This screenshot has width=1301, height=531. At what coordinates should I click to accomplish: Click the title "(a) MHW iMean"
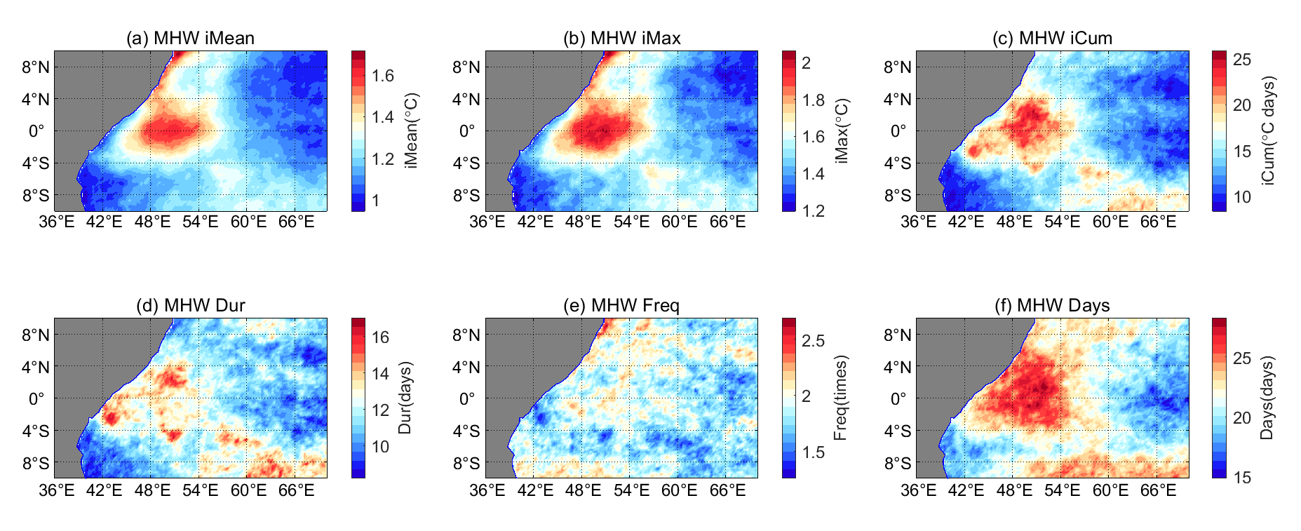point(190,38)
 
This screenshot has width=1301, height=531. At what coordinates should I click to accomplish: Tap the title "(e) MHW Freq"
point(621,305)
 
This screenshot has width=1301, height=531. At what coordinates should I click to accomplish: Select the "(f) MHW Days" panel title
point(1052,305)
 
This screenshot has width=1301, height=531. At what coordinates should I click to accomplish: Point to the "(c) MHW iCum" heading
point(1052,38)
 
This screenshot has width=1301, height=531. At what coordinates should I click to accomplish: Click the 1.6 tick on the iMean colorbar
point(383,76)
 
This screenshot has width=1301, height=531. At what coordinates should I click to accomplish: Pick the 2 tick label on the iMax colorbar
point(807,63)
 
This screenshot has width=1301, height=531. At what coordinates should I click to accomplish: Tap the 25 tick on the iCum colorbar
point(1242,60)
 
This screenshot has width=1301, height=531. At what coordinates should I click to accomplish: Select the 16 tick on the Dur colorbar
point(380,337)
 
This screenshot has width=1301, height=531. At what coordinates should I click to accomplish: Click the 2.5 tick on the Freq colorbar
point(814,341)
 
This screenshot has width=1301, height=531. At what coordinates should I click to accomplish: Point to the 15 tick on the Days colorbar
point(1242,478)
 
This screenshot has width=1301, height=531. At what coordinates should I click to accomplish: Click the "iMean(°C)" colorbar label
point(412,130)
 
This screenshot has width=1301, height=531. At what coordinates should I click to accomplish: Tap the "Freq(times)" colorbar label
point(841,398)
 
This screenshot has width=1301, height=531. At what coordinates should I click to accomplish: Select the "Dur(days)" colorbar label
point(405,398)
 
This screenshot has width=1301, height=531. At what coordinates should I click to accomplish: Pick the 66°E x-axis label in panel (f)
point(1158,490)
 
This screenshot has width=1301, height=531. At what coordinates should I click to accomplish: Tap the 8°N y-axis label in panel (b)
point(466,67)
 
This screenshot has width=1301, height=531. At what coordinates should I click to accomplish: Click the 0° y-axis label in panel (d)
point(36,398)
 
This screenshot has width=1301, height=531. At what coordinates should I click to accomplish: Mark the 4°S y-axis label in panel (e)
point(466,431)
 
